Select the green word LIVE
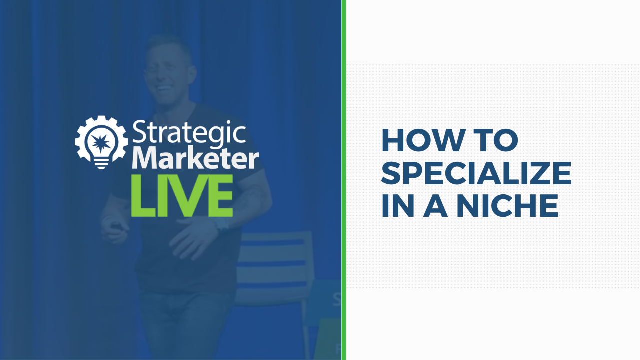pos(182,195)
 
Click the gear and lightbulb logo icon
pos(101,142)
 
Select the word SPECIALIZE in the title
pos(476,173)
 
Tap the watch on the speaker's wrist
pos(222,225)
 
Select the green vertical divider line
pos(344,180)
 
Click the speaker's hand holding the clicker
pos(114,228)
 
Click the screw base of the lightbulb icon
pos(101,164)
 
